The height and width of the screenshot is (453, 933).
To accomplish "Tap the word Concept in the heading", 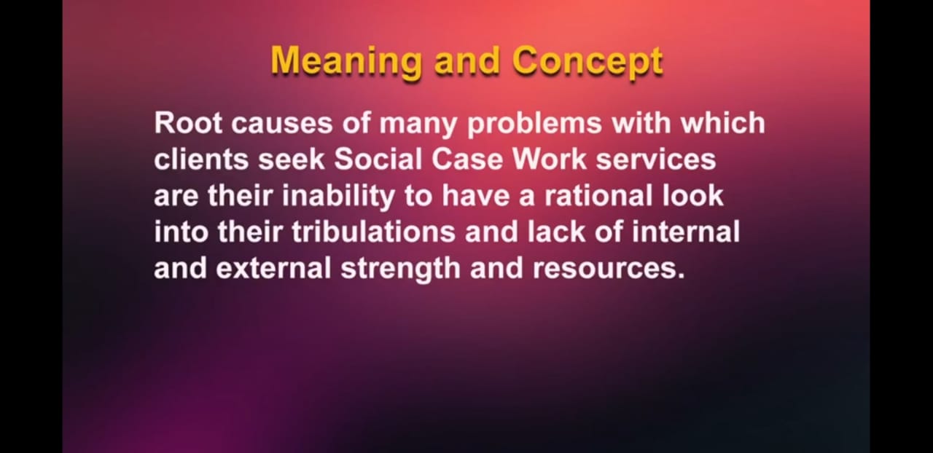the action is [587, 63].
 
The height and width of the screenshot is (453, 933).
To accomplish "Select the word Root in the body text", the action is [188, 123].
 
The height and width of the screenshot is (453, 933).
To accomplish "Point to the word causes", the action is [282, 124].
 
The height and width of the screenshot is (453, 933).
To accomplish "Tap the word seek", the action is [291, 159].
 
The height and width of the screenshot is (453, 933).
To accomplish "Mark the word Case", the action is [467, 159].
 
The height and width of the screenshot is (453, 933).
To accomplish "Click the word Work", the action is [550, 159].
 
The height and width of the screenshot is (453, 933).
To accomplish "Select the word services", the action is [656, 160].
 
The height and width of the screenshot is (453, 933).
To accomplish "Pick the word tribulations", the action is [374, 232].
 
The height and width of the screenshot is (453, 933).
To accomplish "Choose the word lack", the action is [556, 232].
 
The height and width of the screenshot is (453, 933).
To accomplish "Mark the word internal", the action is [686, 232].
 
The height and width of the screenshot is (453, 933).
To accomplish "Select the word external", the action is [273, 268].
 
